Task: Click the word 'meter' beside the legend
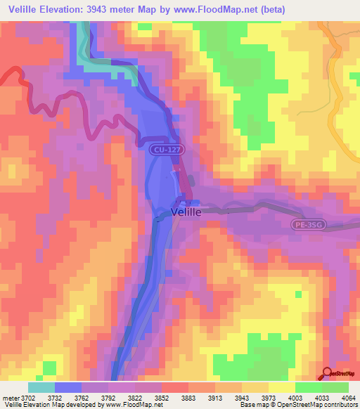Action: pos(11,397)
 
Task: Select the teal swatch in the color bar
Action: pos(41,387)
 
